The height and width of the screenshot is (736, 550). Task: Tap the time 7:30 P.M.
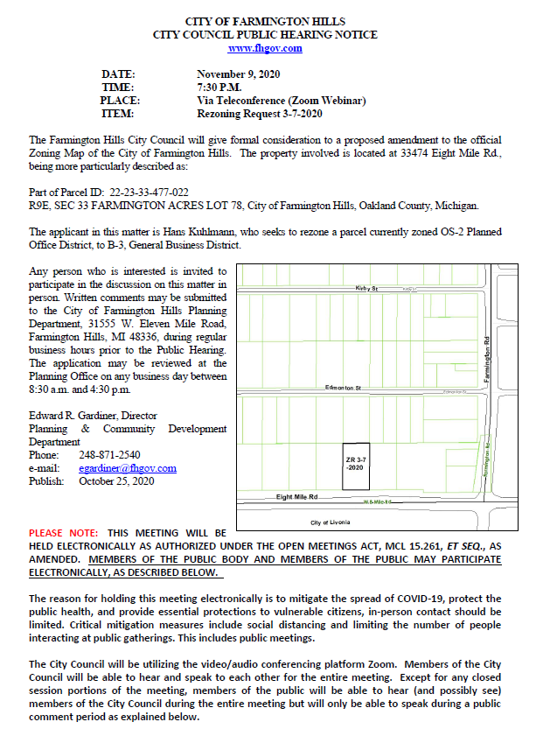[x=220, y=87]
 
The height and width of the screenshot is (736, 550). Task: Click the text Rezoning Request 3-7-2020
[x=260, y=114]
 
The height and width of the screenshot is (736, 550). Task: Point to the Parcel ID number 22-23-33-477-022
[x=149, y=191]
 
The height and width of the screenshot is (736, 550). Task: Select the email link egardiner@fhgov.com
[x=128, y=468]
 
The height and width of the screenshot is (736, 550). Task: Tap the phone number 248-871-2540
[x=103, y=455]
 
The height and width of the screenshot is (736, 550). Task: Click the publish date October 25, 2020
[x=116, y=481]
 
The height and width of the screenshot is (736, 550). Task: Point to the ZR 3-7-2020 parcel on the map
[x=355, y=464]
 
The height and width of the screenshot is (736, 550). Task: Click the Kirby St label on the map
[x=366, y=288]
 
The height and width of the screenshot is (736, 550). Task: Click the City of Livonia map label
[x=331, y=522]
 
